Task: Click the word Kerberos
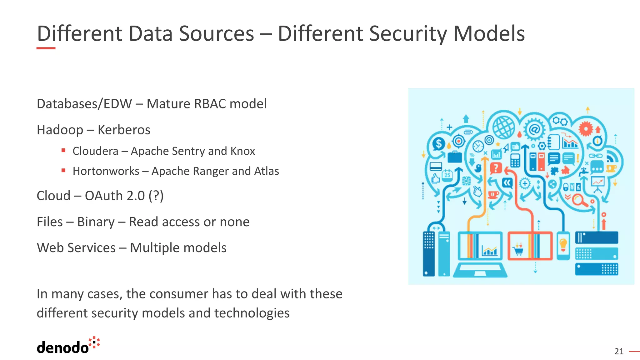[x=124, y=130]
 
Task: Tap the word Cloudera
[x=95, y=151]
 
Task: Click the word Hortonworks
[x=106, y=171]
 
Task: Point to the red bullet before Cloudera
[x=63, y=151]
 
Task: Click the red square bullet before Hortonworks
[x=63, y=171]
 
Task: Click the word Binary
[x=96, y=222]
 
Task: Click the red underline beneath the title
[x=46, y=48]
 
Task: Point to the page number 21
[x=619, y=352]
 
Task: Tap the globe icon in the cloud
[x=503, y=127]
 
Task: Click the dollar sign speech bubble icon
[x=439, y=144]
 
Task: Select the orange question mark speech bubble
[x=496, y=168]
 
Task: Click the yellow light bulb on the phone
[x=563, y=244]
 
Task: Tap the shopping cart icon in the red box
[x=518, y=250]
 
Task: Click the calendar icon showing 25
[x=447, y=175]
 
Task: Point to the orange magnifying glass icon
[x=579, y=200]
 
